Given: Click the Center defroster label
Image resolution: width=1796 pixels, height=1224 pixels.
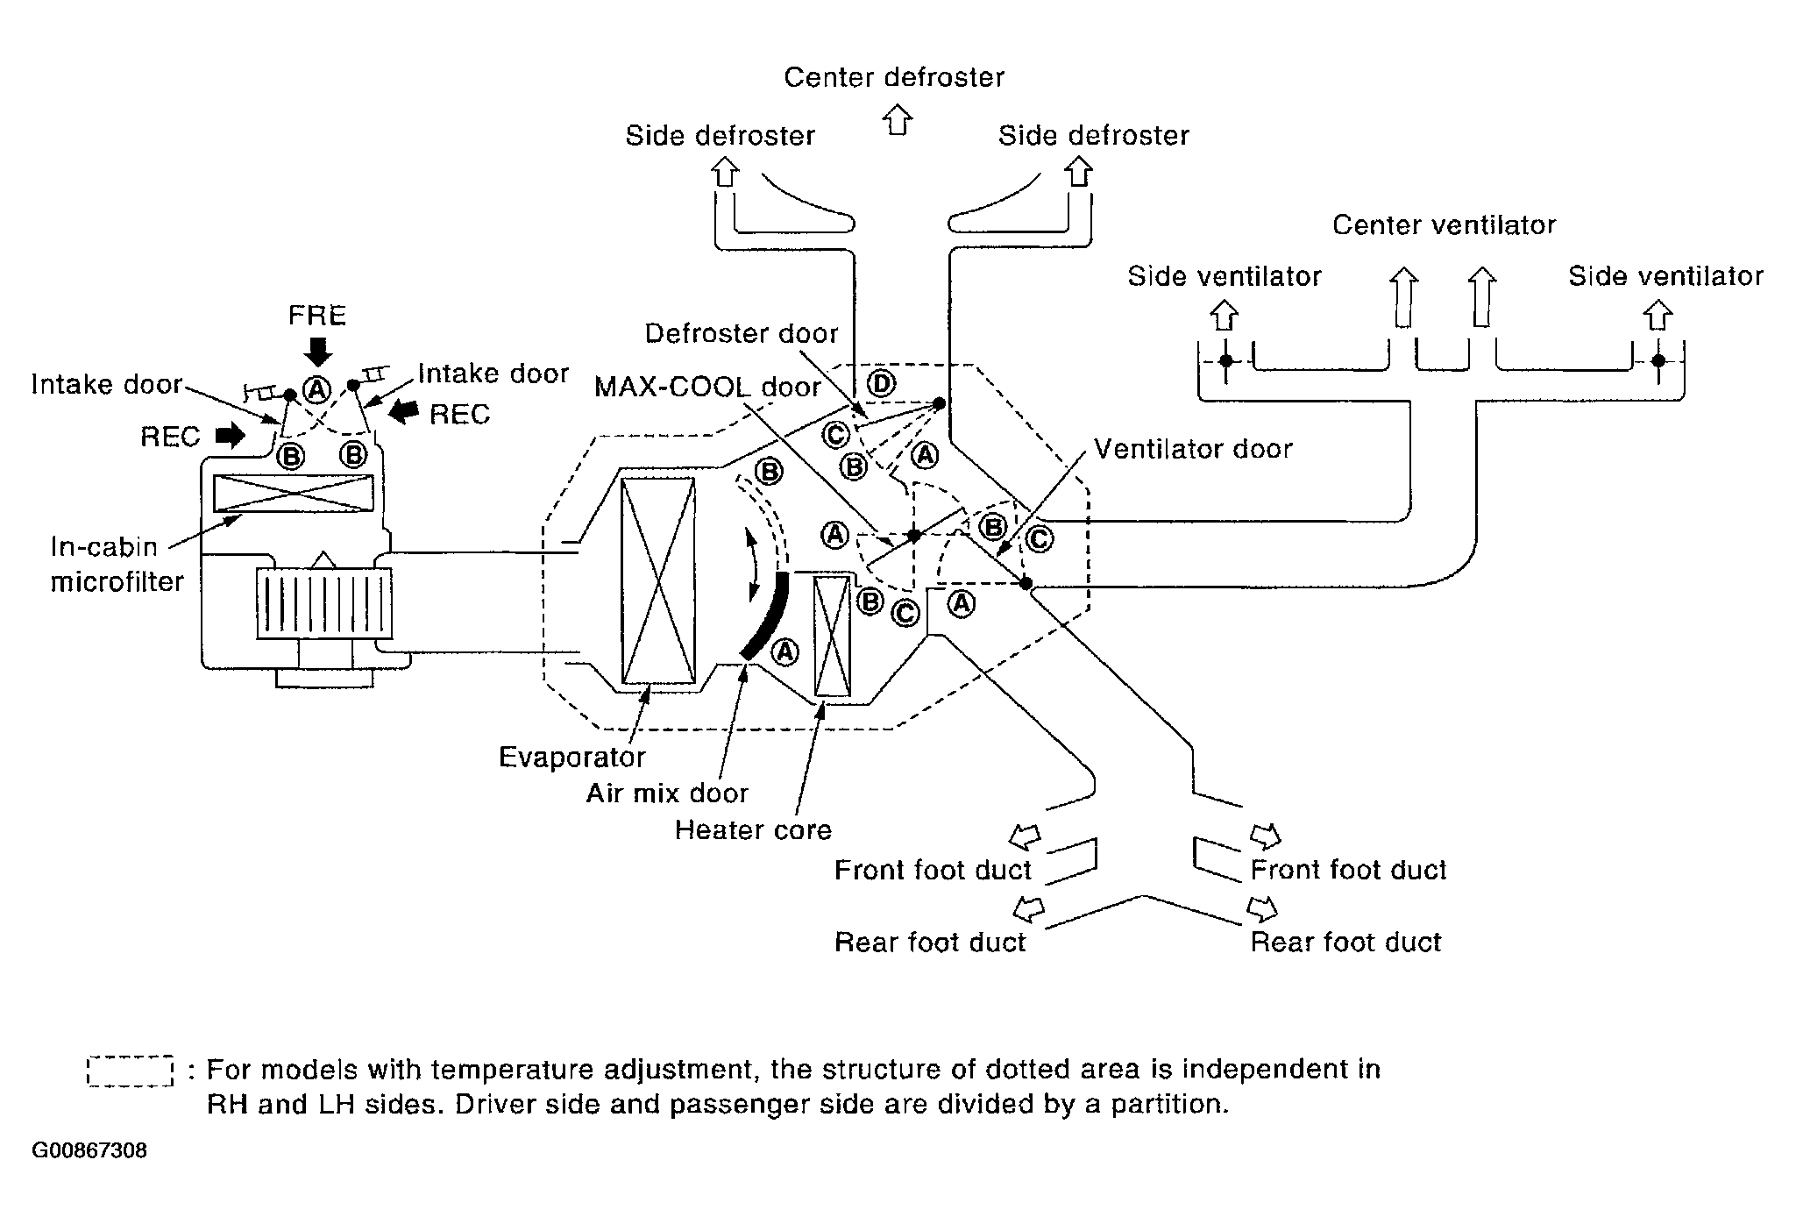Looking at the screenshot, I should point(893,77).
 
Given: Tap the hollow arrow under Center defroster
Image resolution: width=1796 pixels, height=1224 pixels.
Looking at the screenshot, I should point(896,119).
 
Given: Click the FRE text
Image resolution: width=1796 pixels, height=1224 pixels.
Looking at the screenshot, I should point(317,316).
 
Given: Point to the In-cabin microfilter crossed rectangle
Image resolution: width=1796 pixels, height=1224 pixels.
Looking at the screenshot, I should point(294,493).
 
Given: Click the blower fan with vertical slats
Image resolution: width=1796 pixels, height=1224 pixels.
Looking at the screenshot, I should point(324,602).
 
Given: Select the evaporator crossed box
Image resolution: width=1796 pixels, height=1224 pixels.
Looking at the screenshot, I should point(657,580).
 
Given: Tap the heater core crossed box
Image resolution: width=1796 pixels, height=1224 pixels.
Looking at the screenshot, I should point(832,636).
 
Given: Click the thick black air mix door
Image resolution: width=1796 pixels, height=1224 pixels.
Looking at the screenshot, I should point(765,615).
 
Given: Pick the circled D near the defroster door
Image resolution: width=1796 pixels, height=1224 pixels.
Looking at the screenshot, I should point(881,383).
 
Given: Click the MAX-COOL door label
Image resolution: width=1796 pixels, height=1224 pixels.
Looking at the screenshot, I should point(707,387).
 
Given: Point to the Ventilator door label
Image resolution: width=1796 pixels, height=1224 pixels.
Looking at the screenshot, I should point(1193,449).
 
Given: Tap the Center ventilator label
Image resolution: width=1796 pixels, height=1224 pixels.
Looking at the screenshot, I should point(1444,225).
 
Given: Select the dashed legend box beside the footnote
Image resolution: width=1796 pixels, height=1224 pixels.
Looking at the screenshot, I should point(130,1071).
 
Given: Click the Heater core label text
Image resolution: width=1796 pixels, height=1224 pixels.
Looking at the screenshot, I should point(753,829).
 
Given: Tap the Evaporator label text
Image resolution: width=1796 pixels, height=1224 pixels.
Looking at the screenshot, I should point(571,757).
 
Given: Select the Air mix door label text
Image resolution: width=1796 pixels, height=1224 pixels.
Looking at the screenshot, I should point(667,793).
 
